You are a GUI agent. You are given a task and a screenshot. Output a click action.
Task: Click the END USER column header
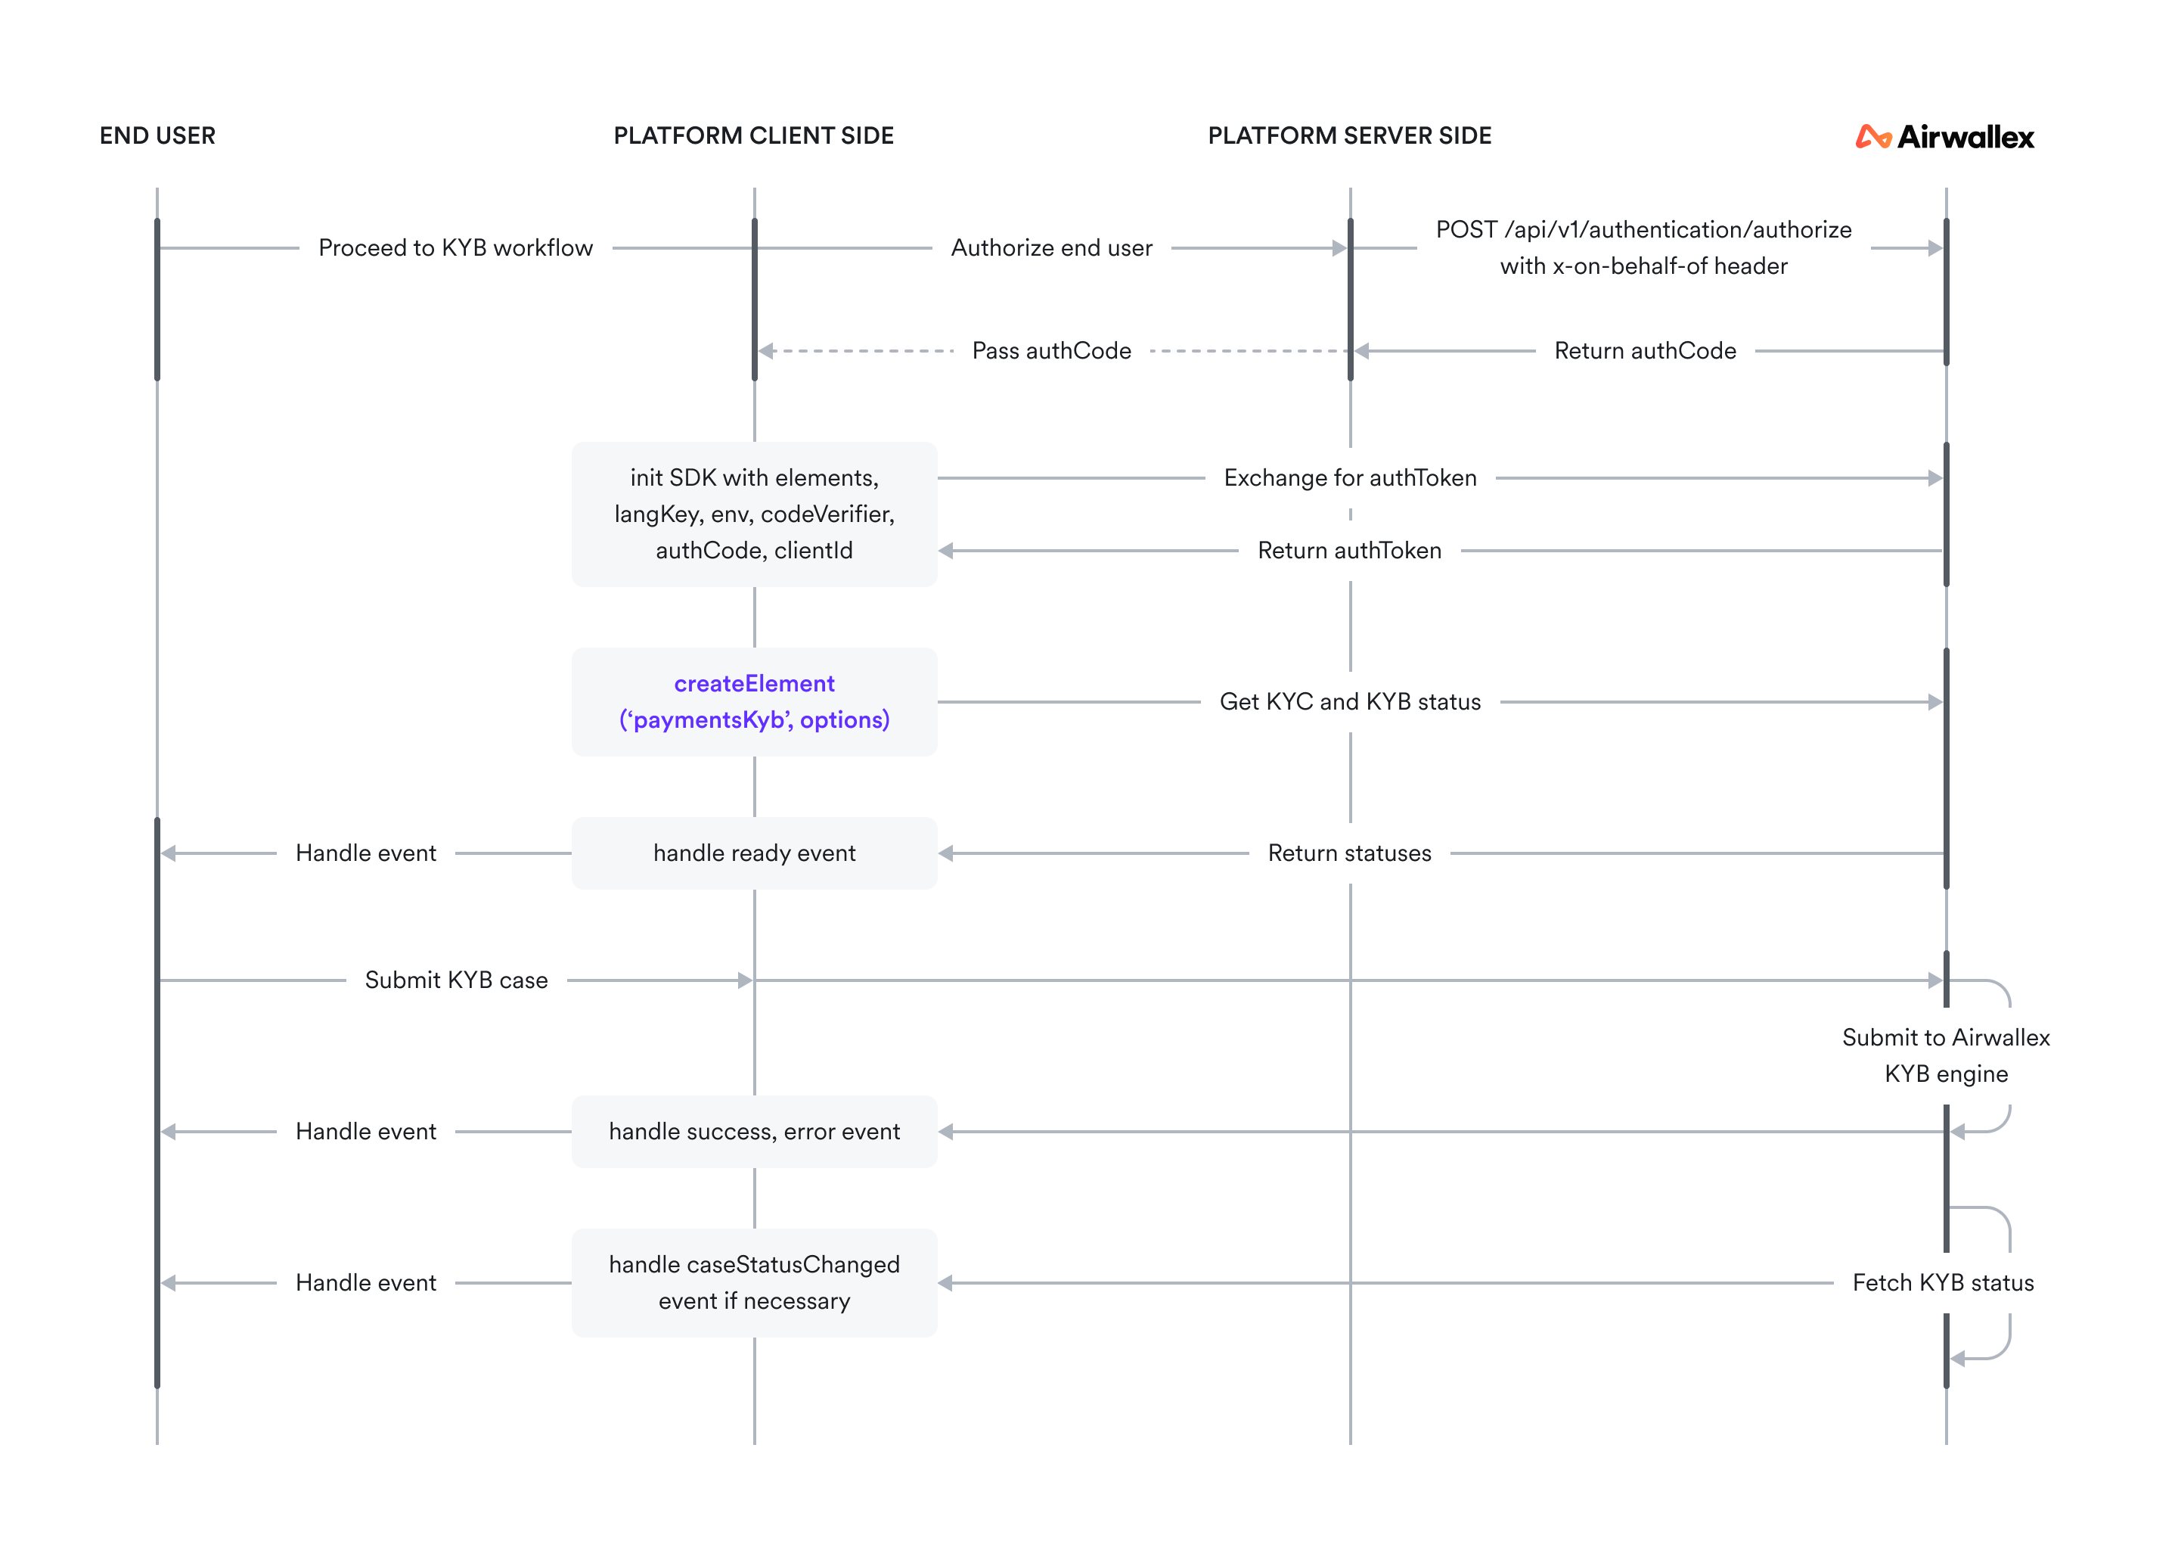pyautogui.click(x=157, y=135)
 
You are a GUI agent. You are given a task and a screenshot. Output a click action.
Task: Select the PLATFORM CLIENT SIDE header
pyautogui.click(x=754, y=135)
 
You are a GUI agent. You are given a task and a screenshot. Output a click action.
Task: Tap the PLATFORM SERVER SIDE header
pyautogui.click(x=1349, y=135)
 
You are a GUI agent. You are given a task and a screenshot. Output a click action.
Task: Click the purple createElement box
pyautogui.click(x=754, y=701)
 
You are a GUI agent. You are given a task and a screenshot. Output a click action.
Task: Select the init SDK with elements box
pyautogui.click(x=754, y=514)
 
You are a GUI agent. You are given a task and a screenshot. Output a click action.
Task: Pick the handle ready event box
pyautogui.click(x=754, y=853)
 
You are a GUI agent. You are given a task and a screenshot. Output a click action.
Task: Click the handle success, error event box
pyautogui.click(x=754, y=1132)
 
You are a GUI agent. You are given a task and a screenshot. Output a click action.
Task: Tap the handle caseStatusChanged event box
pyautogui.click(x=754, y=1282)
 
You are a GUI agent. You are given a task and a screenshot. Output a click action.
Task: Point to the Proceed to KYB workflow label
pyautogui.click(x=456, y=248)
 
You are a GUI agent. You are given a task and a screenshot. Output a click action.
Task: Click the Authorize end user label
pyautogui.click(x=1051, y=248)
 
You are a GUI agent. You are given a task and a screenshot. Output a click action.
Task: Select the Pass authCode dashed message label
pyautogui.click(x=1051, y=351)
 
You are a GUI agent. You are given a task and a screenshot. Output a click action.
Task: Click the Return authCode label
pyautogui.click(x=1645, y=351)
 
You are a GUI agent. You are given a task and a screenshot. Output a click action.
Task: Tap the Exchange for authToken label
pyautogui.click(x=1350, y=477)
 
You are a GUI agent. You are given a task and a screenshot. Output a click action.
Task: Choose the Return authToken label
pyautogui.click(x=1349, y=551)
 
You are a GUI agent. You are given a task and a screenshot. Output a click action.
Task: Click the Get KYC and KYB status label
pyautogui.click(x=1350, y=701)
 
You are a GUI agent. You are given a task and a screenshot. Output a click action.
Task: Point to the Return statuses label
pyautogui.click(x=1349, y=853)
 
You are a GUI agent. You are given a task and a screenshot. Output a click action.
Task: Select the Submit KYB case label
pyautogui.click(x=456, y=980)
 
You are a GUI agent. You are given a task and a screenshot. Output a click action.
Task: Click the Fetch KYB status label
pyautogui.click(x=1943, y=1282)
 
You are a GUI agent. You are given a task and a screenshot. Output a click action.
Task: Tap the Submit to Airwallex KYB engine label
pyautogui.click(x=1946, y=1055)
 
